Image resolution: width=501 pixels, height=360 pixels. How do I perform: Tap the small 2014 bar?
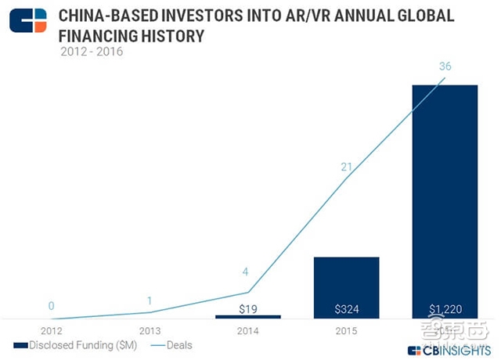click(x=247, y=316)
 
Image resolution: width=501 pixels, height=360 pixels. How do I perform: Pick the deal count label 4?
click(x=247, y=272)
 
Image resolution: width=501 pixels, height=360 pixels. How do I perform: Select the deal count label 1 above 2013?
click(x=149, y=301)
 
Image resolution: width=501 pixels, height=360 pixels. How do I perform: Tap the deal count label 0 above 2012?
click(x=50, y=306)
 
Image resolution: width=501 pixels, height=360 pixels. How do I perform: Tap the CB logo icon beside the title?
click(x=27, y=21)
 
